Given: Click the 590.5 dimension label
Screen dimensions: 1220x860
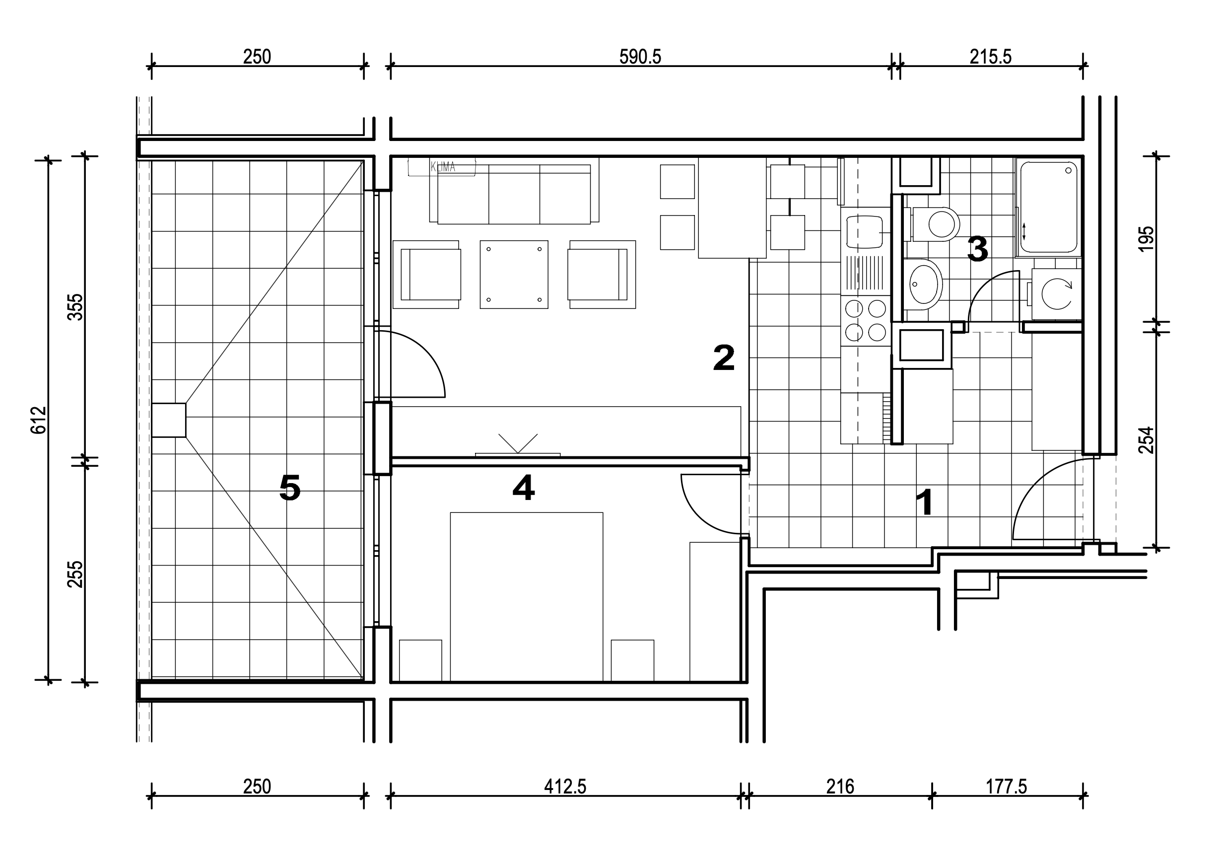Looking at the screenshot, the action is (x=640, y=56).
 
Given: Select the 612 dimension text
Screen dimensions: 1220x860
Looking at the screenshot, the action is (x=39, y=420).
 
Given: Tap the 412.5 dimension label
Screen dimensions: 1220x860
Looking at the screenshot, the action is (x=565, y=787).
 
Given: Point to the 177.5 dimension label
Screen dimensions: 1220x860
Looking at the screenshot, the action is (x=1007, y=787).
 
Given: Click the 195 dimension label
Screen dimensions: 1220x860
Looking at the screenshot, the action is (x=1147, y=239).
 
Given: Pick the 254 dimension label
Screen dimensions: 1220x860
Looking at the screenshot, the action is (x=1147, y=439).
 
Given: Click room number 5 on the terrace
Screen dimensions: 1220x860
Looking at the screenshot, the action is (x=290, y=488).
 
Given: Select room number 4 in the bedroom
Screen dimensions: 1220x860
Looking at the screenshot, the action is (x=523, y=488).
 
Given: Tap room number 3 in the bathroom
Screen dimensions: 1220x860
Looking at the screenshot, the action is (x=978, y=249).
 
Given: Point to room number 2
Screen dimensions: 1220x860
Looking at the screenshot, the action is (x=724, y=358).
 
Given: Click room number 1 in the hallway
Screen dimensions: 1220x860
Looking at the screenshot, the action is (x=925, y=502).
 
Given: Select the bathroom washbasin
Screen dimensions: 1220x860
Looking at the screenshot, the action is (x=924, y=285).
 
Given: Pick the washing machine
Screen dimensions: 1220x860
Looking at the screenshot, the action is (x=1056, y=294).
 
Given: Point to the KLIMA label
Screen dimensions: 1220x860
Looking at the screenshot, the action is (x=443, y=167).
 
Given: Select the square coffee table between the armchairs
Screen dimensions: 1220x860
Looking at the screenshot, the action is (x=514, y=274).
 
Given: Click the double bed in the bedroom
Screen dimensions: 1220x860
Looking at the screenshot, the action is (x=527, y=596).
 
